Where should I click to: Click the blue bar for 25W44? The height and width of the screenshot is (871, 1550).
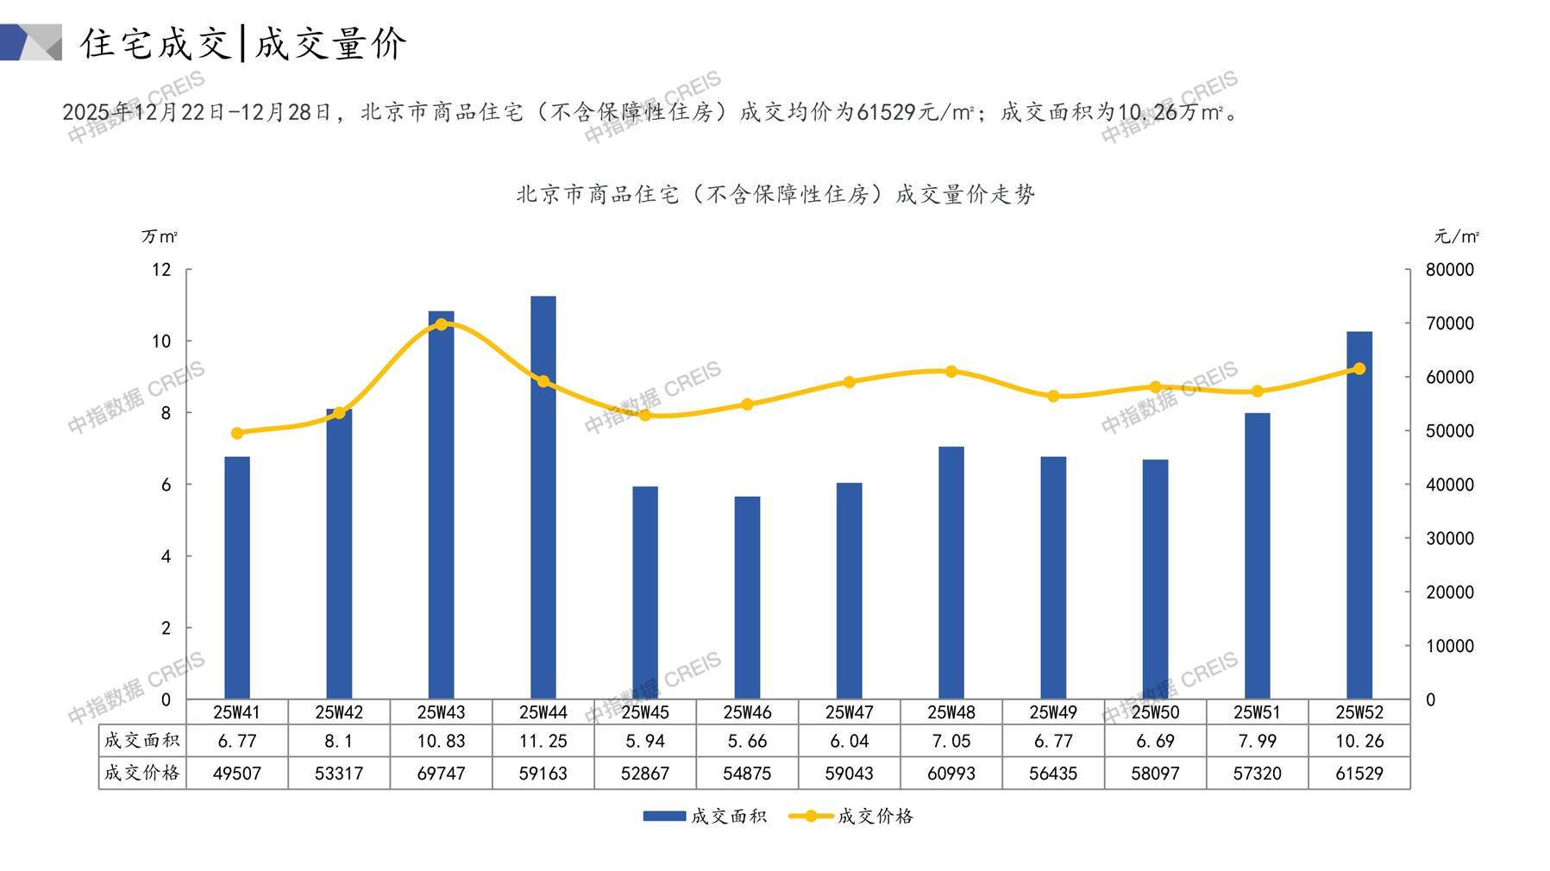pos(543,497)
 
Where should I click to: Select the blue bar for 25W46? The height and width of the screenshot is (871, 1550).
pos(747,597)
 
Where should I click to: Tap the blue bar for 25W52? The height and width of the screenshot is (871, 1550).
pos(1359,515)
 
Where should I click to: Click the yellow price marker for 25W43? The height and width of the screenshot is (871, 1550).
pos(441,324)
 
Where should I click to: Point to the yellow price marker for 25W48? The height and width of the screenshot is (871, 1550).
pos(951,372)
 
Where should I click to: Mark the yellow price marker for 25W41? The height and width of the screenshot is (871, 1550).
pos(237,433)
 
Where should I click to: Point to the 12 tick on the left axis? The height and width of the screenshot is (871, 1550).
pos(161,270)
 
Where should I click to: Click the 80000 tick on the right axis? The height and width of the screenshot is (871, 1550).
pos(1450,270)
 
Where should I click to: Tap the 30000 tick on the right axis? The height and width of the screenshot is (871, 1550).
pos(1450,538)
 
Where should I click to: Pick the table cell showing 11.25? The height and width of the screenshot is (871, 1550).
pos(543,741)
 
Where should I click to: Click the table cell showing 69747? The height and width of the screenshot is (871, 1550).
pos(441,774)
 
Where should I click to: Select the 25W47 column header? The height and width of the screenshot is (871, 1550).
pos(849,712)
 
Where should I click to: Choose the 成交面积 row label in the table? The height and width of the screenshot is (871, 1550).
pos(142,741)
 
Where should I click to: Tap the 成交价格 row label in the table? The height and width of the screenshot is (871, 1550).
pos(142,774)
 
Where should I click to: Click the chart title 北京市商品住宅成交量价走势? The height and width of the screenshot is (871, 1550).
pos(775,195)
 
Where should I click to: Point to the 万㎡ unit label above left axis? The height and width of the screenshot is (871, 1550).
pos(160,236)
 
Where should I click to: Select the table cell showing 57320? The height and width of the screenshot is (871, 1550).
pos(1257,774)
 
